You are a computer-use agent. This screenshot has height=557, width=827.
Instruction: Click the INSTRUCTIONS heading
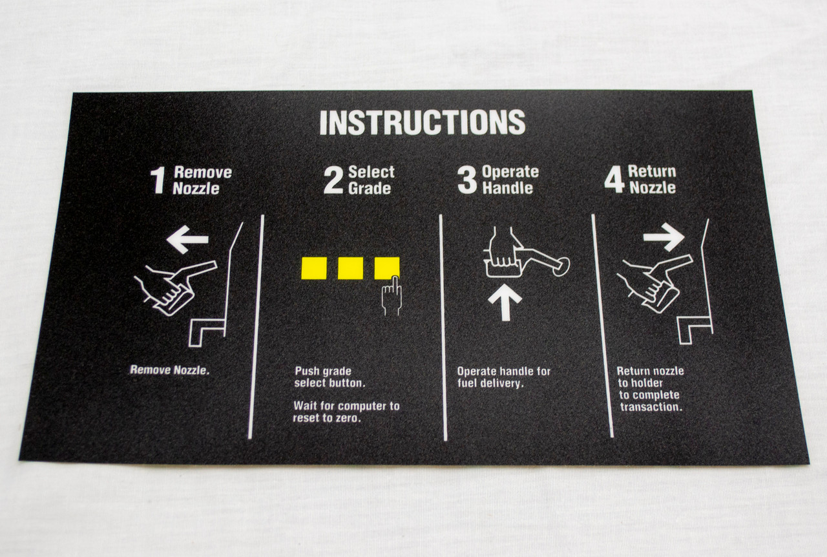coord(422,122)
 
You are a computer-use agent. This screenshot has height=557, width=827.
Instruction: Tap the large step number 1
coord(158,180)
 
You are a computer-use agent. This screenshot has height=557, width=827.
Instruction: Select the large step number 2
coord(333,180)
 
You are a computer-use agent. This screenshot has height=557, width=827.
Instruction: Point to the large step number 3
coord(467,180)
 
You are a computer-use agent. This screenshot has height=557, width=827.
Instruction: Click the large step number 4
coord(614,180)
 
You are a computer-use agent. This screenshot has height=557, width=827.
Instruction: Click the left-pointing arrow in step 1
coord(187,240)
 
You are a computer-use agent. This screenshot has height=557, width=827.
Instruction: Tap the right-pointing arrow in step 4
coord(664,236)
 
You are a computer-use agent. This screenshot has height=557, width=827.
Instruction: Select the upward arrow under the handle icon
coord(505,304)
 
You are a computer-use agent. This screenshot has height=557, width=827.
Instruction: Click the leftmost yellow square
coord(314,268)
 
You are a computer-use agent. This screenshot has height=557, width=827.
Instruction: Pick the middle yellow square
coord(350,268)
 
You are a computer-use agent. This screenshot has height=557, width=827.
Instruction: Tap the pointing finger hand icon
coord(392,296)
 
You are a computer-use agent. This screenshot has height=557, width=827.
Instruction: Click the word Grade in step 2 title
coord(369,189)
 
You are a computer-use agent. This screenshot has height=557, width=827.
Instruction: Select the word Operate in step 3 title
coord(510,172)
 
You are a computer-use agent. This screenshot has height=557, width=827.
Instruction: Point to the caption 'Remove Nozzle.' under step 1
coord(170,370)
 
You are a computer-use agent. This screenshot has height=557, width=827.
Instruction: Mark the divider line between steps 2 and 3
coord(443,328)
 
